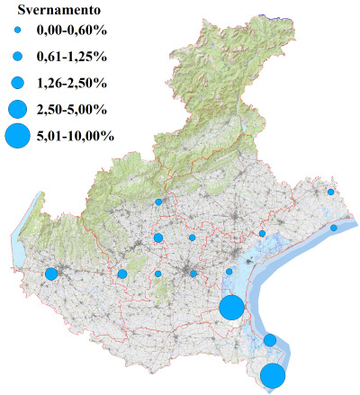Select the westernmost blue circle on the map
point(51,274)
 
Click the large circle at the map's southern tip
point(274,375)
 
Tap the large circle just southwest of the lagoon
point(231,307)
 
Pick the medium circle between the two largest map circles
point(270,339)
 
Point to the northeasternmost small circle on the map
point(331,192)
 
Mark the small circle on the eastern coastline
point(334,228)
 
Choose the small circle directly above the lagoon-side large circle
point(229,271)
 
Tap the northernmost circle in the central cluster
point(158,202)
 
